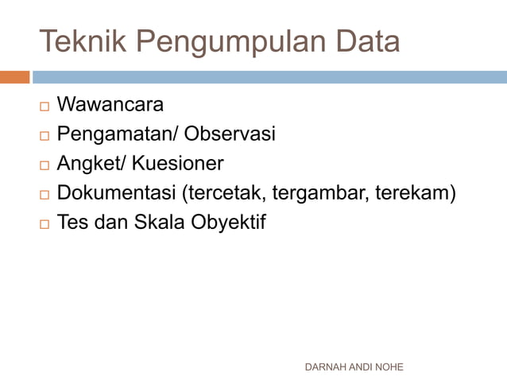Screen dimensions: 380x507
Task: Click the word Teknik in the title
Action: pyautogui.click(x=75, y=41)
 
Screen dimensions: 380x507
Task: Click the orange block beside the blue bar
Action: pyautogui.click(x=14, y=77)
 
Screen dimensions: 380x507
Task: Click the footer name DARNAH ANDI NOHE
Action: pyautogui.click(x=354, y=366)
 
